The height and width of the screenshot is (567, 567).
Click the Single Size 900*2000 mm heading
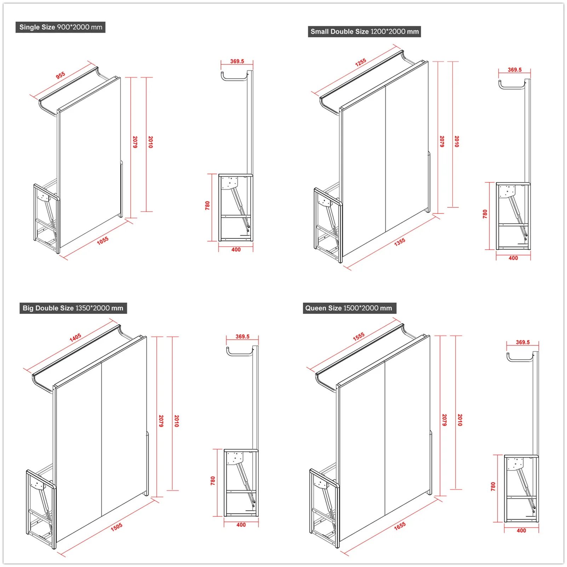tap(61, 27)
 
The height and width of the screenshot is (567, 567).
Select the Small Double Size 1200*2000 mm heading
tap(364, 31)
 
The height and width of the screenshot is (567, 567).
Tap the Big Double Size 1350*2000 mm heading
tap(73, 308)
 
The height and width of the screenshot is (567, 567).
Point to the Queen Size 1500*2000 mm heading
tap(349, 308)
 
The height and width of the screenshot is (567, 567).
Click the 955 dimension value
tap(61, 75)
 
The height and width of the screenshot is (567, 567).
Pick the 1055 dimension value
tap(103, 241)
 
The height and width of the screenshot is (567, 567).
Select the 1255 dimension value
tap(361, 63)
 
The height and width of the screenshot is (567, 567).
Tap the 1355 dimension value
tap(400, 242)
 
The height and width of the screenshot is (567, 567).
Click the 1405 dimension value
tap(75, 338)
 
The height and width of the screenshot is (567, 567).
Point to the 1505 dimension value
tap(116, 527)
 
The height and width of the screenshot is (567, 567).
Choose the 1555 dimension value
tap(359, 337)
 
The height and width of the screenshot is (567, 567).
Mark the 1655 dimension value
tap(400, 526)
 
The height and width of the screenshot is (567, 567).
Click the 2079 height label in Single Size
tap(135, 142)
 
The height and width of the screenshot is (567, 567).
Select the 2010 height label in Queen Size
tap(460, 420)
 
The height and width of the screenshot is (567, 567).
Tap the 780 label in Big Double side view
tap(213, 481)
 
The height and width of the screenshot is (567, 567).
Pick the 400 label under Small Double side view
tap(513, 258)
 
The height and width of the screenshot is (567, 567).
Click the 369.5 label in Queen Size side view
tap(523, 342)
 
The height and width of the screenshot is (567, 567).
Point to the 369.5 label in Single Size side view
tap(237, 61)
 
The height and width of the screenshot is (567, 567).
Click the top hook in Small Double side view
tap(511, 85)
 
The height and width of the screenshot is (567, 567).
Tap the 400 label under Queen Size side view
tap(521, 531)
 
